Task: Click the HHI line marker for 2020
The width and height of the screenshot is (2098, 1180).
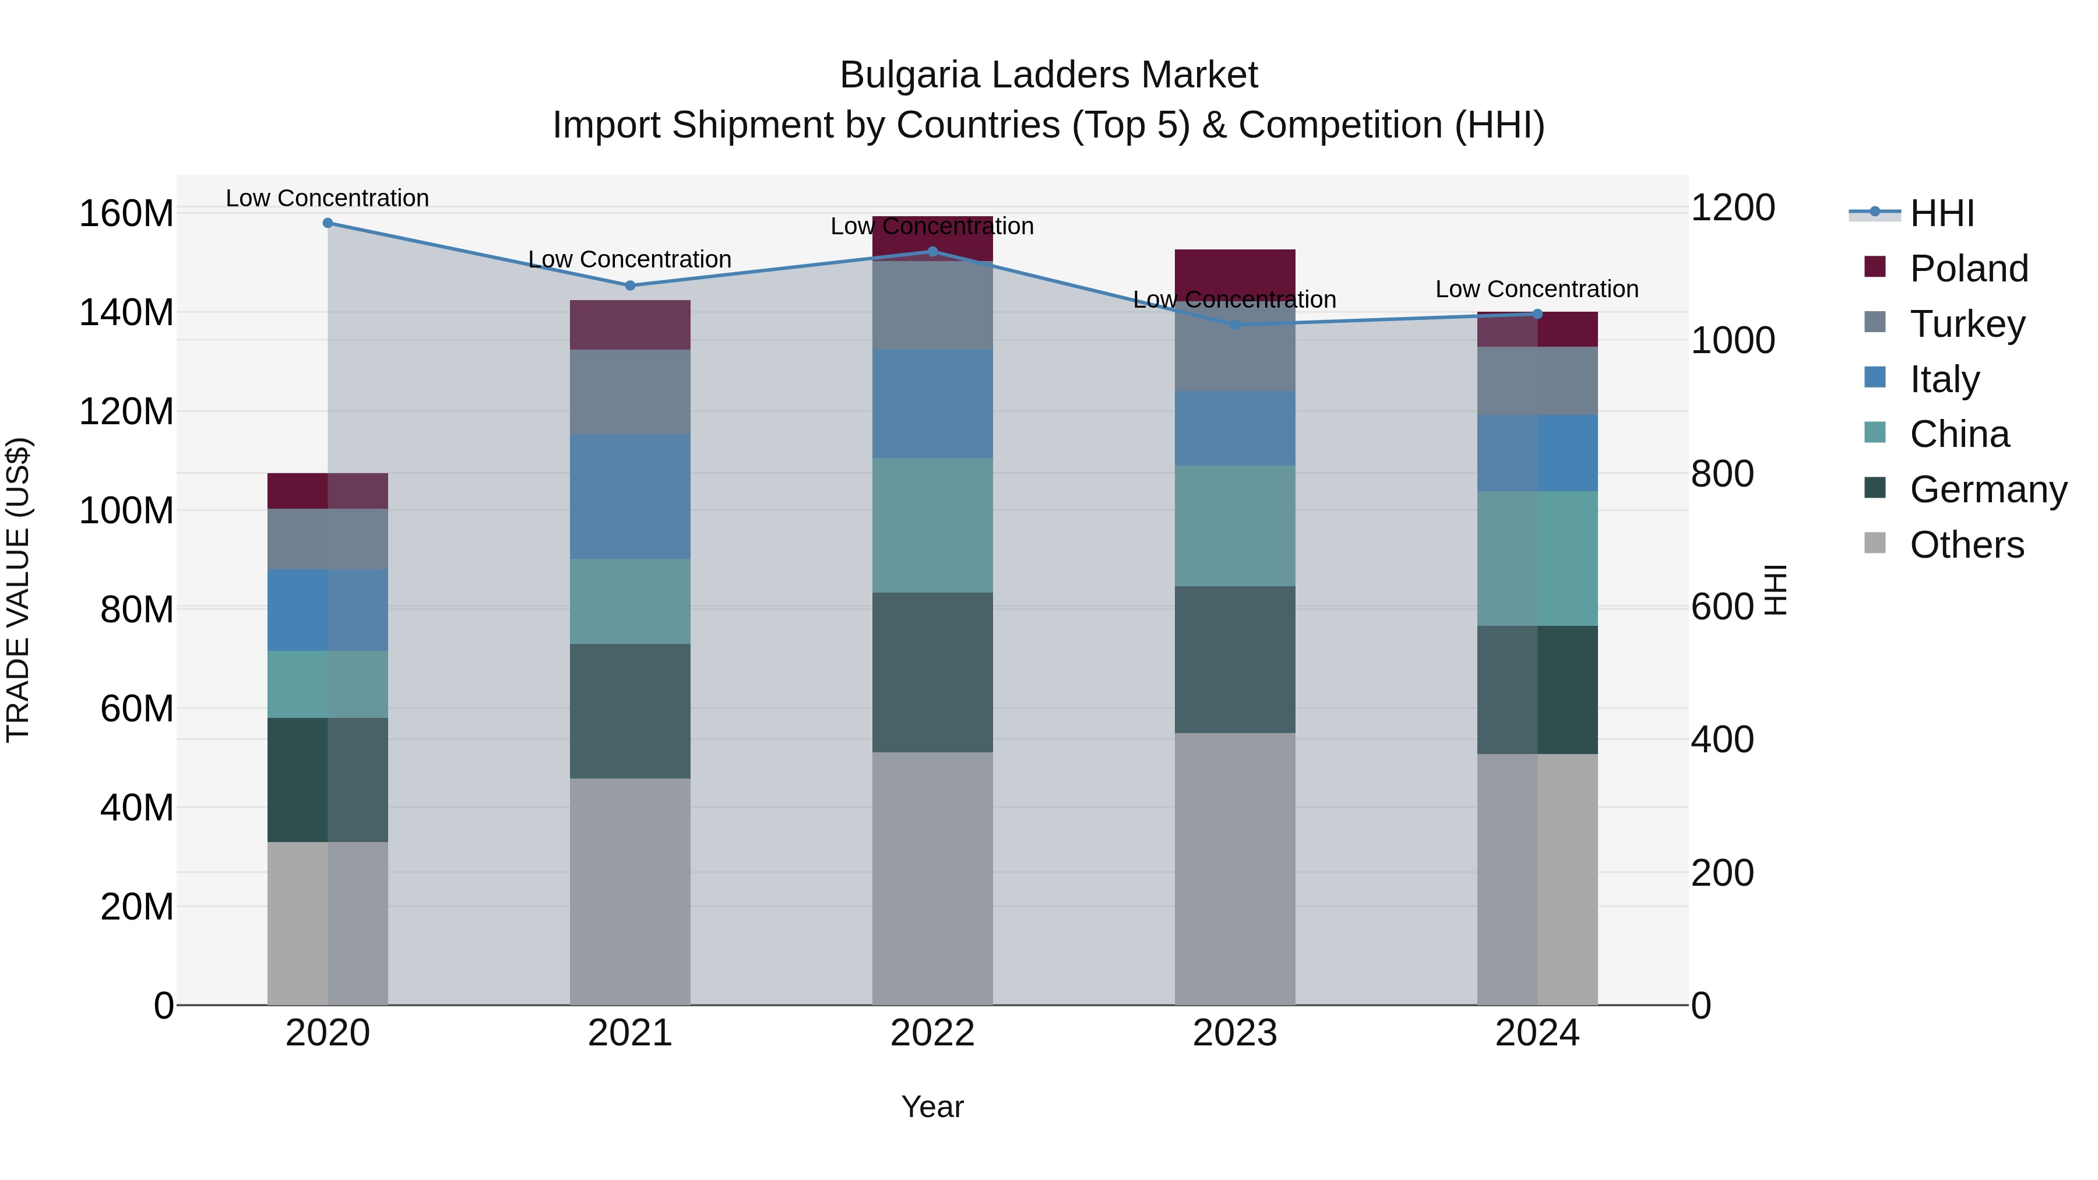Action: [328, 223]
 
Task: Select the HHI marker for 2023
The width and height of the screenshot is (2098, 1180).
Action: [1235, 325]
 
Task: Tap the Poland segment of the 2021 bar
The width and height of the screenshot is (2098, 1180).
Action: [629, 325]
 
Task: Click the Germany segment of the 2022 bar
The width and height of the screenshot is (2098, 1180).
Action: [932, 672]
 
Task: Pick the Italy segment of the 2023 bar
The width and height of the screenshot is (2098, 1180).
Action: [1235, 428]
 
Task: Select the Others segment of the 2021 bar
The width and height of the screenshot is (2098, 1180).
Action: [629, 891]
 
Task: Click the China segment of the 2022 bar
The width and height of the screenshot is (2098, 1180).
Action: [932, 525]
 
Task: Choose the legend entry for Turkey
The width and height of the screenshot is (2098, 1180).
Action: [1966, 324]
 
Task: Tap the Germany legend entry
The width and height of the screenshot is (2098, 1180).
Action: [1987, 489]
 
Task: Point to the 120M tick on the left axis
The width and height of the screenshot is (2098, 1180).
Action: [126, 412]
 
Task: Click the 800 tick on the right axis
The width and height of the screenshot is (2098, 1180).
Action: [1722, 474]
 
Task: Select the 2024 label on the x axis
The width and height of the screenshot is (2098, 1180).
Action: [1537, 1033]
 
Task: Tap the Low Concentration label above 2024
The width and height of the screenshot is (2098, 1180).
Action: [1537, 289]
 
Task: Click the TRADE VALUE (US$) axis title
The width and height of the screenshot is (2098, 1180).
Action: [19, 590]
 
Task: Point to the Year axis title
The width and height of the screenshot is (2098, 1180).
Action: [932, 1107]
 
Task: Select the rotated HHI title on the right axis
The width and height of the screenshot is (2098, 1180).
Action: [1776, 590]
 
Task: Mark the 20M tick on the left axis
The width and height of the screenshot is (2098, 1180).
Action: [137, 906]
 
